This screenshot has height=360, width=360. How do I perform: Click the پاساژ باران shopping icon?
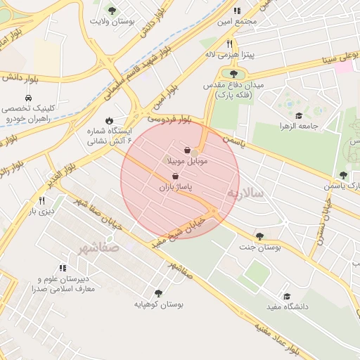(x=175, y=176)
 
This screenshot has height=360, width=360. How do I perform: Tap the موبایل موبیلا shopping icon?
(x=187, y=150)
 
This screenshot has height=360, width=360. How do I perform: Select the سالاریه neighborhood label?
(x=244, y=192)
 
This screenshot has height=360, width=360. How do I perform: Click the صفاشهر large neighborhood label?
(x=99, y=248)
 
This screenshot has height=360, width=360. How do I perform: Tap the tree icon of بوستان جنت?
(x=260, y=236)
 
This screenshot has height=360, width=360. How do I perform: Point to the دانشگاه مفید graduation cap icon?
(x=286, y=296)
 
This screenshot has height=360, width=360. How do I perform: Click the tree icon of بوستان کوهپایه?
(x=157, y=292)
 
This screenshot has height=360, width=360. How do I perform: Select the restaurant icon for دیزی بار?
(x=41, y=200)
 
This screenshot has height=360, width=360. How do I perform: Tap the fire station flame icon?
(x=109, y=120)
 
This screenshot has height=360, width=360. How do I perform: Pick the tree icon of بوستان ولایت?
(x=112, y=10)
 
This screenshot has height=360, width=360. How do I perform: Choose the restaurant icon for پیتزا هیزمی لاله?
(x=229, y=44)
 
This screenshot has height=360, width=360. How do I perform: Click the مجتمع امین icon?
(x=237, y=11)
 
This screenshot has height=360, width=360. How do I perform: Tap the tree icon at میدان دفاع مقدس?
(x=233, y=72)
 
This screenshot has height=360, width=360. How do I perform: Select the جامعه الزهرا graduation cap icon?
(x=298, y=116)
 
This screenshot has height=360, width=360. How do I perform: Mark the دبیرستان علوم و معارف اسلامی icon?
(x=63, y=267)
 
